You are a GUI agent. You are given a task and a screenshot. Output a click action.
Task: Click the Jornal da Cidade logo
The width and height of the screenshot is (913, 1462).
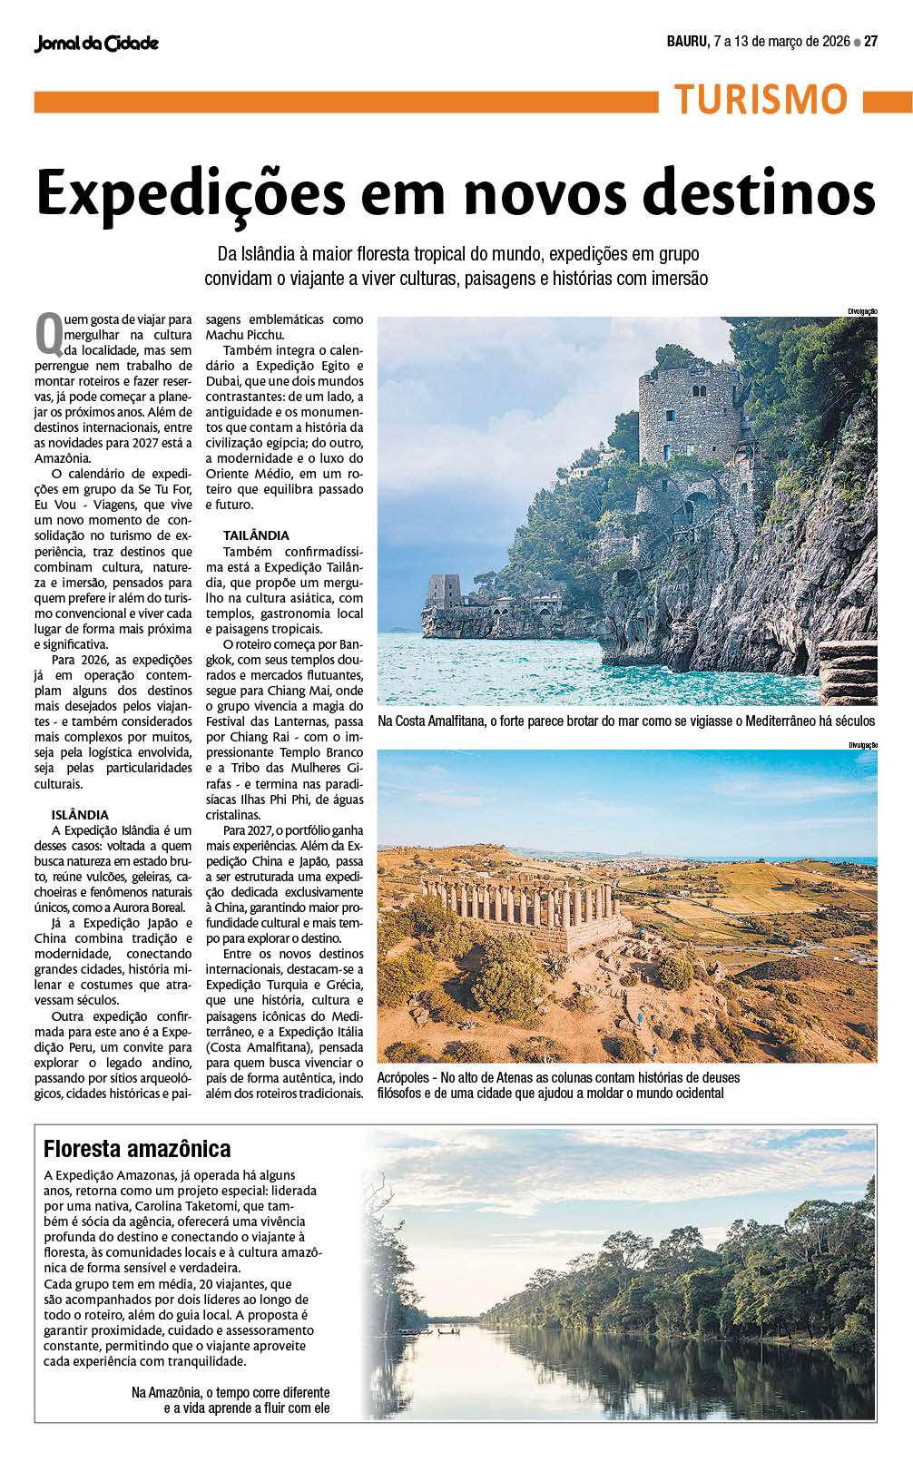96,43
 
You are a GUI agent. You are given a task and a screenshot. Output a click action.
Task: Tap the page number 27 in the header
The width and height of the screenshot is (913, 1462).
871,41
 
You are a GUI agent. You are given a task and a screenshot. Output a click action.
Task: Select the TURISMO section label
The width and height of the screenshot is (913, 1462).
761,100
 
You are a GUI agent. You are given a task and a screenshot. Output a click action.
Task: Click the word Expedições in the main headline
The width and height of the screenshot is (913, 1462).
191,192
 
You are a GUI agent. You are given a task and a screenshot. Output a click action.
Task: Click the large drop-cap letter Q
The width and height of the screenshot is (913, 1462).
48,333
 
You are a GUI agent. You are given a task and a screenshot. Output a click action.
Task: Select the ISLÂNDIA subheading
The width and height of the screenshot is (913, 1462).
80,815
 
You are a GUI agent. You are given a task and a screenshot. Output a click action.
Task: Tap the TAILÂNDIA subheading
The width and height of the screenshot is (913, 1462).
256,535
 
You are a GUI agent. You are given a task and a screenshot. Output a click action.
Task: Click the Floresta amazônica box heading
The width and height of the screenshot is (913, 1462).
137,1149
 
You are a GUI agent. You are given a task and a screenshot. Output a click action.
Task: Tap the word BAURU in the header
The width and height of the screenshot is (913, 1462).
687,41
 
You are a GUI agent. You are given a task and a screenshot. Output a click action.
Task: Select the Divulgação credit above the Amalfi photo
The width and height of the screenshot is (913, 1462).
862,311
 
